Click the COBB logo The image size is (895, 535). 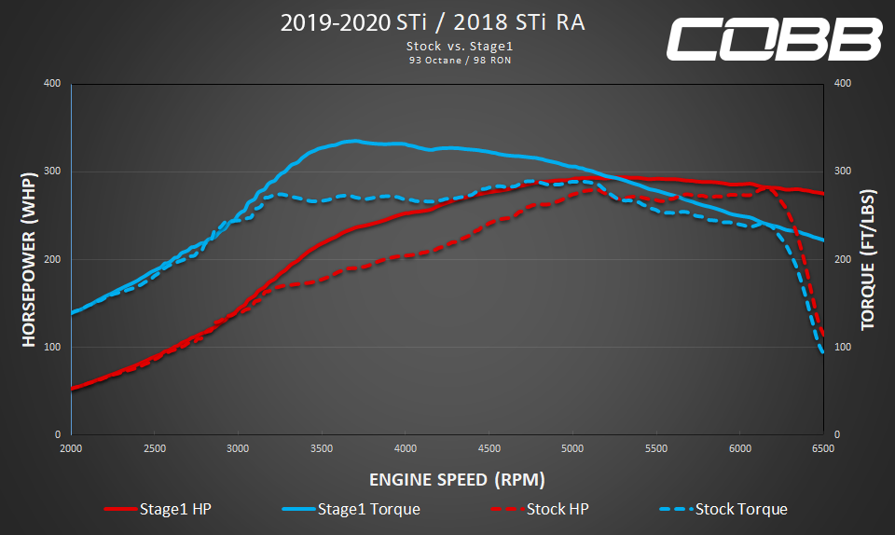coord(774,39)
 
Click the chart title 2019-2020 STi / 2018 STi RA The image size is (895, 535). coord(434,23)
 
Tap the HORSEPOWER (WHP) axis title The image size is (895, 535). coord(29,259)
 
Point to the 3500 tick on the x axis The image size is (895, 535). coord(322,448)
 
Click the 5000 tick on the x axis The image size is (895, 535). coord(572,448)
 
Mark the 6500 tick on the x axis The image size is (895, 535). coord(823,448)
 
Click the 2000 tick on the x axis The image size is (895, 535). coord(71,448)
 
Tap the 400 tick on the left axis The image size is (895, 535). coord(52,84)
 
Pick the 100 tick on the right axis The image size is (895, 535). coord(842,347)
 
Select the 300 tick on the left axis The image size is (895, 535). coord(52,171)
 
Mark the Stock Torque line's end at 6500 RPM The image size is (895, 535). coord(822,352)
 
